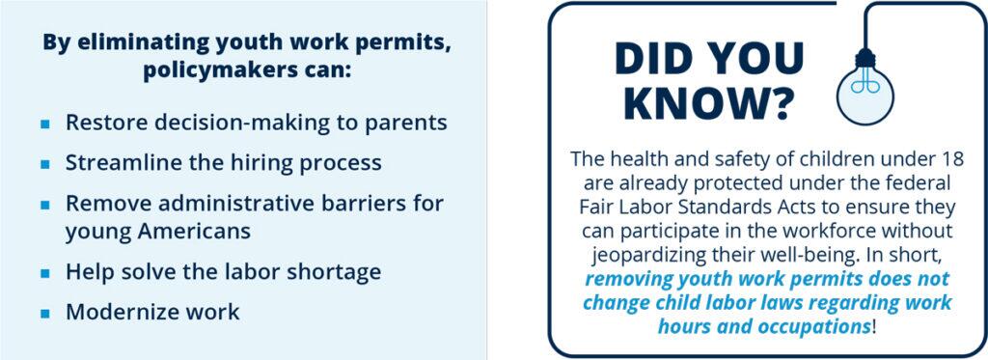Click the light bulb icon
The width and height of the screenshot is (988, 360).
pyautogui.click(x=864, y=87)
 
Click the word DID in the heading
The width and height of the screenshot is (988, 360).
pyautogui.click(x=656, y=59)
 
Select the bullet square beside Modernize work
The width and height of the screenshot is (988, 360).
pyautogui.click(x=44, y=314)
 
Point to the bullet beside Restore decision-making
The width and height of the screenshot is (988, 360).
pyautogui.click(x=44, y=124)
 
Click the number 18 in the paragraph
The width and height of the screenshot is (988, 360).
pyautogui.click(x=951, y=158)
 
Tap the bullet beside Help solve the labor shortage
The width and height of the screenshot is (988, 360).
pyautogui.click(x=44, y=274)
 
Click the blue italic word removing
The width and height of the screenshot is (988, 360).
pyautogui.click(x=625, y=279)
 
